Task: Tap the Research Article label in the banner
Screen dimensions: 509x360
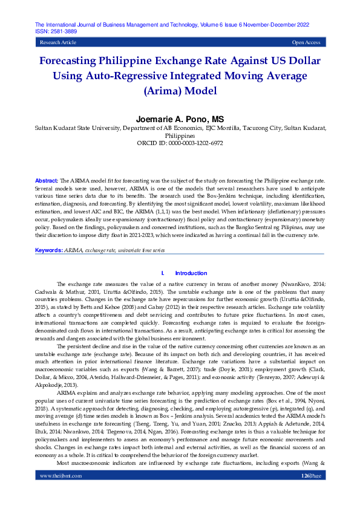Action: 57,43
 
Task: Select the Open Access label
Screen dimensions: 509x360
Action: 306,43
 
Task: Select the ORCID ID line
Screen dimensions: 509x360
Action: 180,144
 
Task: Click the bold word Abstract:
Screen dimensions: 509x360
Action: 47,181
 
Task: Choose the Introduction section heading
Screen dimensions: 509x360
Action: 191,273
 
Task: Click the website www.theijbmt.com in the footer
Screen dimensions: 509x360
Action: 61,493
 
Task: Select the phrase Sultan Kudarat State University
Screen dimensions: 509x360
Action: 76,128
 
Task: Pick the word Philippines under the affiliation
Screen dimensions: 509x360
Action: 180,136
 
